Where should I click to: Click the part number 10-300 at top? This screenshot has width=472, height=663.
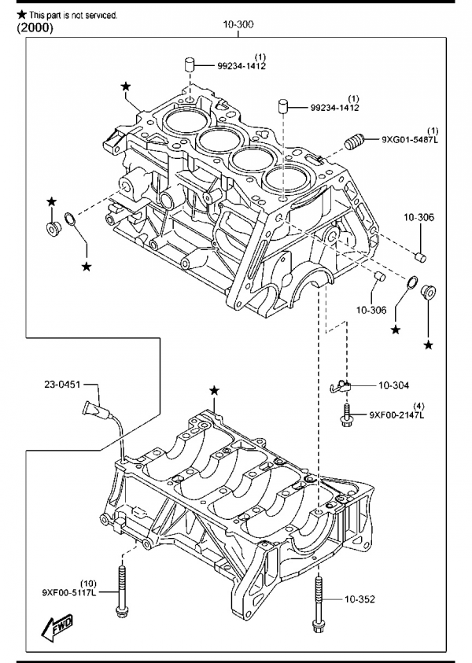(238, 25)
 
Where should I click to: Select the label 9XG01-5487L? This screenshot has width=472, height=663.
(410, 139)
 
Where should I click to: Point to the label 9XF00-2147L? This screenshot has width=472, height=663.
(396, 414)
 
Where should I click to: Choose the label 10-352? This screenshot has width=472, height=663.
(360, 599)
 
